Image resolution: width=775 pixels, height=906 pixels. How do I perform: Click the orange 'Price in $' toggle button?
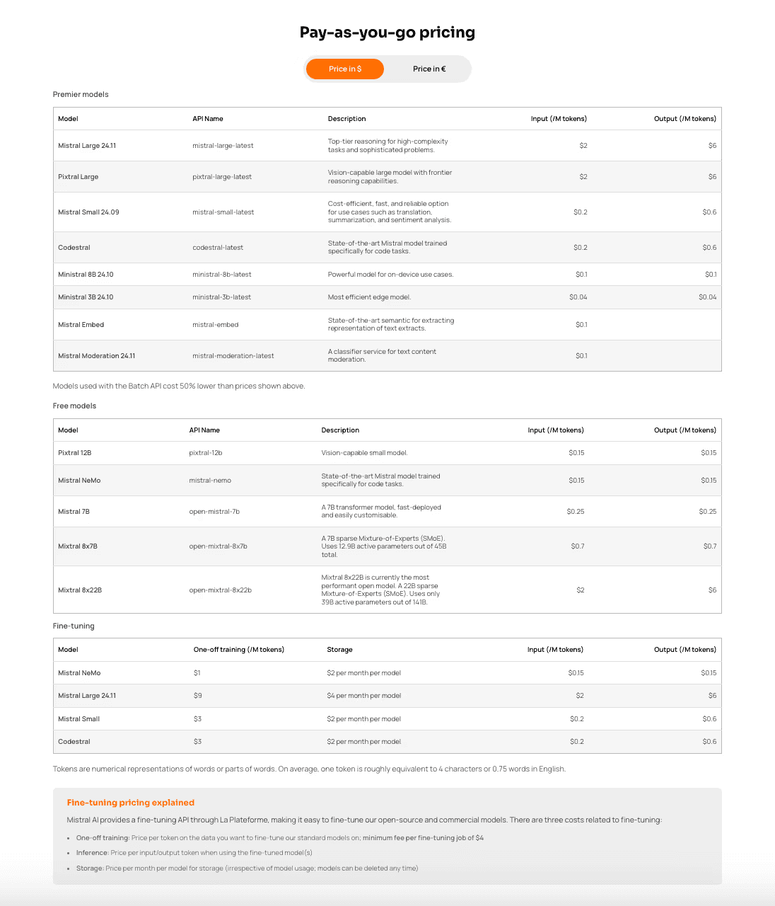pos(345,69)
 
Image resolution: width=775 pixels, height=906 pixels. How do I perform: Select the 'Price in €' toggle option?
pos(429,69)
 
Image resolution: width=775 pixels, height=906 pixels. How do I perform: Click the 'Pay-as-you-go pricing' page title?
pos(387,33)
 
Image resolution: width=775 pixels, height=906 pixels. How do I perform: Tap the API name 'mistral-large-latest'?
pos(223,146)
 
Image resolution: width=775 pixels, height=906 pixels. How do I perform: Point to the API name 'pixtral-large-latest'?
pos(222,177)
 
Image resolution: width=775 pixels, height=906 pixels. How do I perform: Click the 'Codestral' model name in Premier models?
pos(74,248)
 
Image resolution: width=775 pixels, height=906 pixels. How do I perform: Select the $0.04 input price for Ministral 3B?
pos(578,297)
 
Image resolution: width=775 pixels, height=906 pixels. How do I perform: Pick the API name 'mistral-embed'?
pos(216,325)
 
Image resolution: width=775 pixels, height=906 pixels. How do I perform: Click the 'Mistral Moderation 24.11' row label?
pos(96,356)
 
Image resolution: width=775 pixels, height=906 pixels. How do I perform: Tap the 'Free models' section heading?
pos(74,406)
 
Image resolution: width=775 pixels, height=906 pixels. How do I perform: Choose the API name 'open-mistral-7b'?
pos(214,512)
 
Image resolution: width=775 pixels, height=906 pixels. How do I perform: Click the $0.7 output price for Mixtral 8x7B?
pos(709,546)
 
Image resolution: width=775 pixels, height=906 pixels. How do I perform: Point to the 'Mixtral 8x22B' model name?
pos(80,590)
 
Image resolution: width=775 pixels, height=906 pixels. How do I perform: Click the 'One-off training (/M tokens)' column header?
pos(239,650)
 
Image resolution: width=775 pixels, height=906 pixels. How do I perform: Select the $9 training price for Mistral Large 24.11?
pos(198,696)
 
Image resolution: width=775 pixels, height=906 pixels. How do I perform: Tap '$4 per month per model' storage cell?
pos(363,696)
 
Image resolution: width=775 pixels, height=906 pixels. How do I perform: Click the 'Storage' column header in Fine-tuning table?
pos(339,650)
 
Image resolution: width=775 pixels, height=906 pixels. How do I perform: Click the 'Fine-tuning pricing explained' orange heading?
pos(131,803)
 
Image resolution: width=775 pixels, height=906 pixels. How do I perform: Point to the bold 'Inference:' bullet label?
pos(92,853)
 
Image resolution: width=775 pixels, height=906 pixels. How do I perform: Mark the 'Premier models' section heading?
pos(81,95)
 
